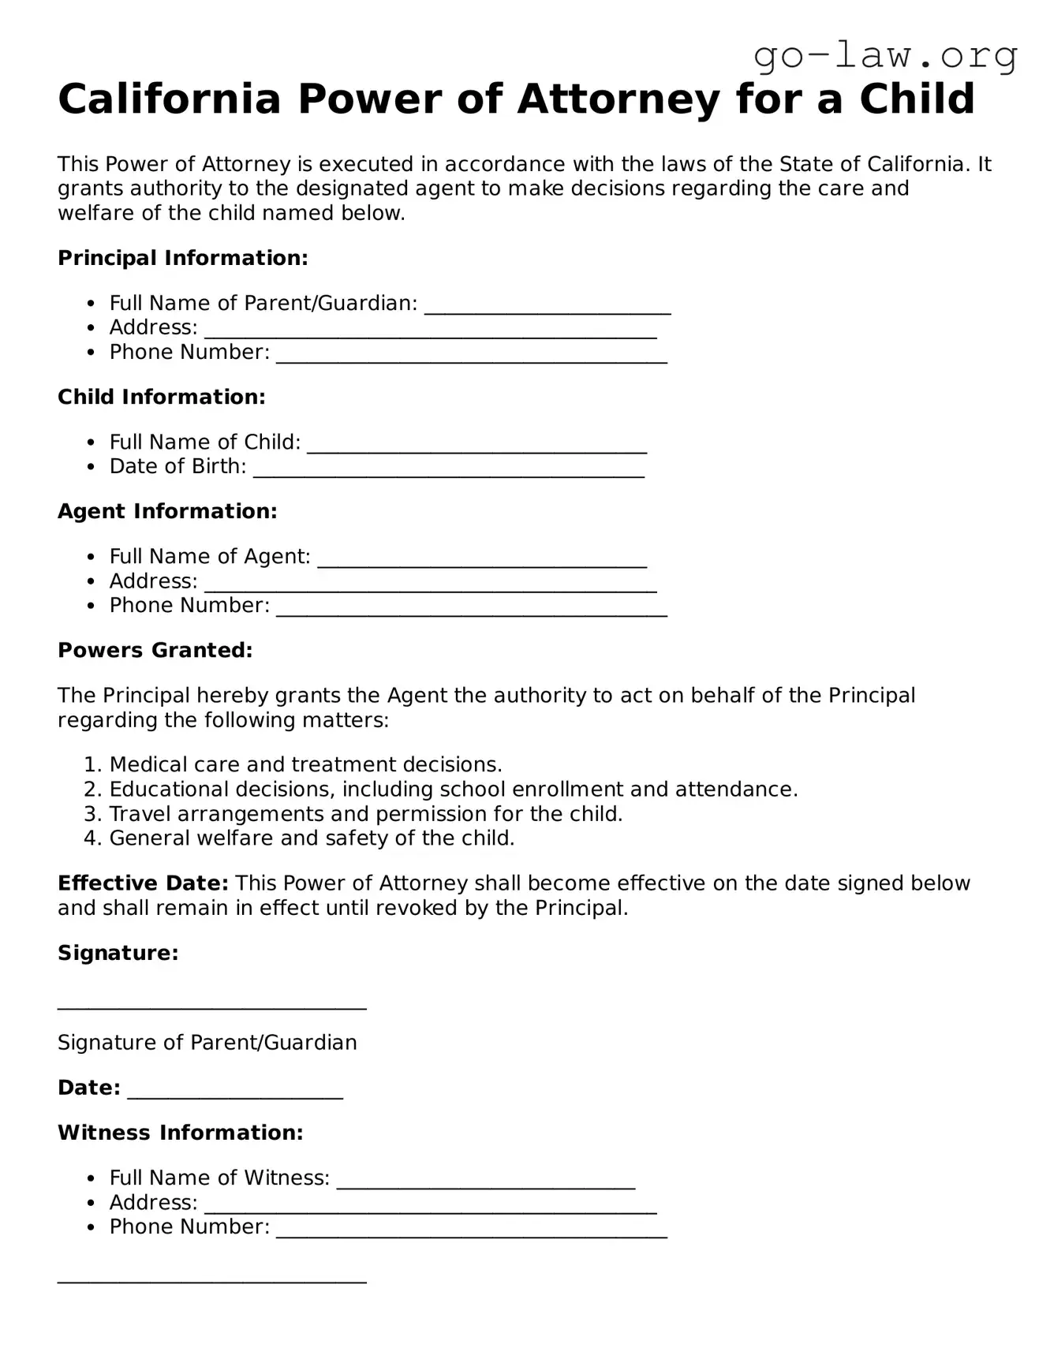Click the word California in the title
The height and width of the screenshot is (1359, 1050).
click(170, 100)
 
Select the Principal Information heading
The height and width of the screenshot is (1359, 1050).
click(182, 258)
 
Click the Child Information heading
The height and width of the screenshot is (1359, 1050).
click(161, 397)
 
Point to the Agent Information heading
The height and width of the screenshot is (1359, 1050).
click(167, 511)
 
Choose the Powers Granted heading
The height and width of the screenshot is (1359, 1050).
click(155, 650)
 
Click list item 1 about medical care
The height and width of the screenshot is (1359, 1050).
click(305, 764)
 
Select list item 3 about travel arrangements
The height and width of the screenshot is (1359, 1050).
click(365, 813)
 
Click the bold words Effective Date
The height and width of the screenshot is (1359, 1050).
click(143, 883)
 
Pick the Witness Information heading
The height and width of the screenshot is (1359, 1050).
click(180, 1133)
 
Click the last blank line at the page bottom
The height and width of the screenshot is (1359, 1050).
click(211, 1279)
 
